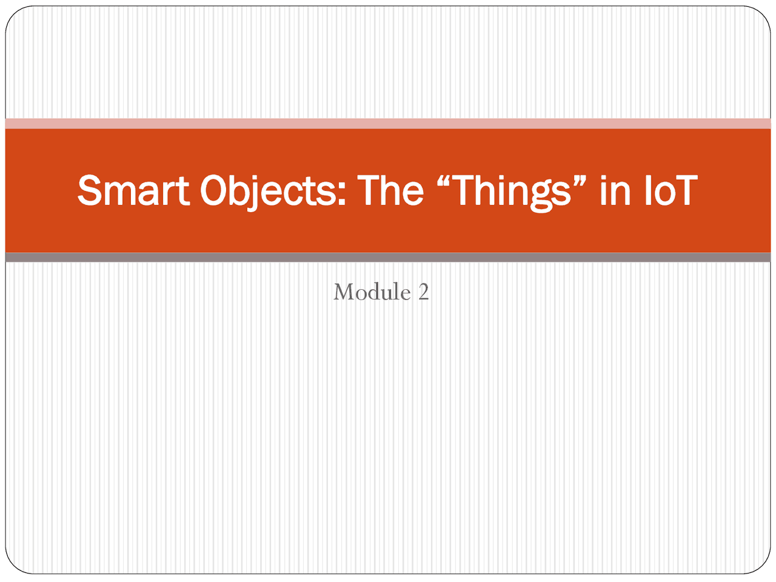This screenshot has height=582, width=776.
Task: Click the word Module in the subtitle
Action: coord(372,292)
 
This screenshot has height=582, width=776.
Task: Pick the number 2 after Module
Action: coord(423,292)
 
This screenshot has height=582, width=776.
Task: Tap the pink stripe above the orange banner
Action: coord(388,124)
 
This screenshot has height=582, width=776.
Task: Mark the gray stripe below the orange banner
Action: coord(388,258)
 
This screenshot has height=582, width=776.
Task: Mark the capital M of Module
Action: coord(344,292)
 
